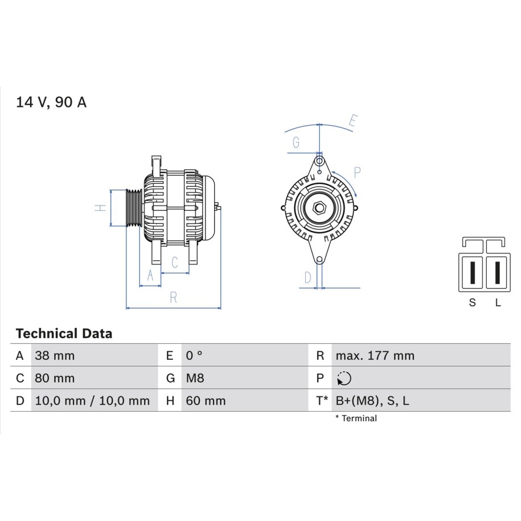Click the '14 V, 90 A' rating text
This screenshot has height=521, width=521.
coord(51,102)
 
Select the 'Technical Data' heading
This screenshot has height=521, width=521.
coord(64,333)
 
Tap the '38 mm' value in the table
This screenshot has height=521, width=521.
coord(55,355)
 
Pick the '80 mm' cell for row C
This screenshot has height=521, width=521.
coord(55,378)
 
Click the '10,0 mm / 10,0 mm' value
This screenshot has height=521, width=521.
coord(92,401)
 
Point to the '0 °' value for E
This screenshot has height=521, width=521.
coord(194,355)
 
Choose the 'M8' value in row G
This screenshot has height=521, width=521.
coord(195,378)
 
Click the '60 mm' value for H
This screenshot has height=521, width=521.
coord(206,401)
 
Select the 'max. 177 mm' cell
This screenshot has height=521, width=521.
coord(375,355)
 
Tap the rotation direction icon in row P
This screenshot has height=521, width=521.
coord(344,379)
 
